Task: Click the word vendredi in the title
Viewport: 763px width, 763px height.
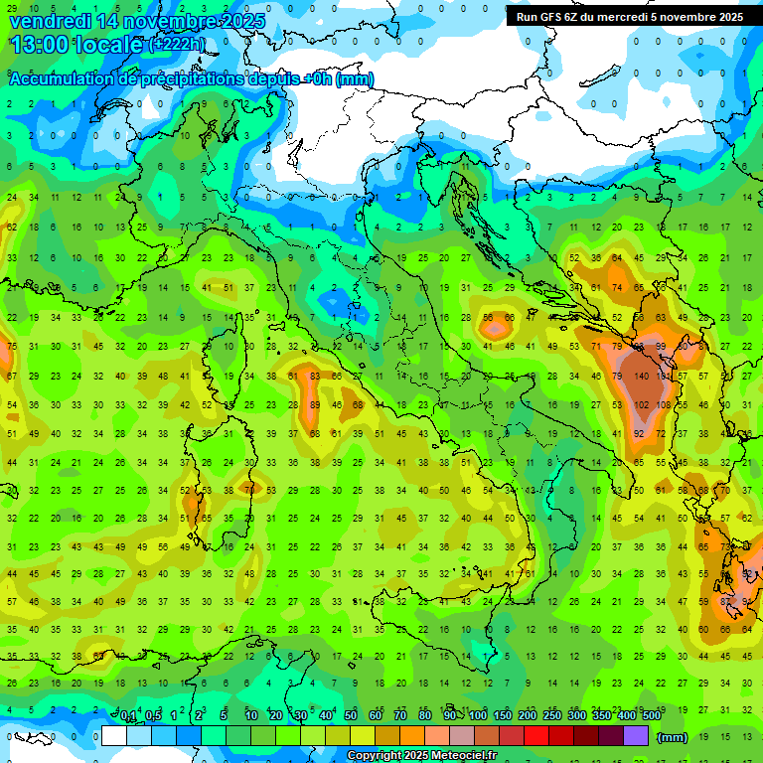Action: pos(49,21)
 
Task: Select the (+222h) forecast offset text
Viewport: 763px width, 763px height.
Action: pos(177,45)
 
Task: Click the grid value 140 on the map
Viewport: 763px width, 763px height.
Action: pos(642,377)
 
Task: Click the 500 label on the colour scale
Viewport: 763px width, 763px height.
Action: pos(651,716)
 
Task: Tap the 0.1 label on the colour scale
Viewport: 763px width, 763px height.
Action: pos(127,716)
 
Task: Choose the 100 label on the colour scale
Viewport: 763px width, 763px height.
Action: pos(478,716)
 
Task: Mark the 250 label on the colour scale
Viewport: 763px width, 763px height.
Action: pos(551,716)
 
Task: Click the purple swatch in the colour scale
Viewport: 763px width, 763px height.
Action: pos(636,735)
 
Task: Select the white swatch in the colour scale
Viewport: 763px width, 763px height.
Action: pos(114,735)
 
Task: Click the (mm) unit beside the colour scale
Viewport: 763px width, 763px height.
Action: pos(672,737)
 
